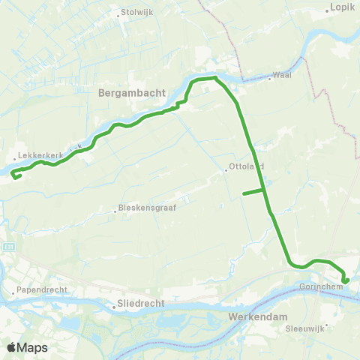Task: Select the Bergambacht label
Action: pos(124,95)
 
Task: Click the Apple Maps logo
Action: pos(27,347)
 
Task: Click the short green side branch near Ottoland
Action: pos(252,193)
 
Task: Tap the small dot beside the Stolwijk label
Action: pos(121,13)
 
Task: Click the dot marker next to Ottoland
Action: pos(226,169)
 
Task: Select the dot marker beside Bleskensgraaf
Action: pos(115,211)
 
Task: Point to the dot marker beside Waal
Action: pos(269,77)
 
